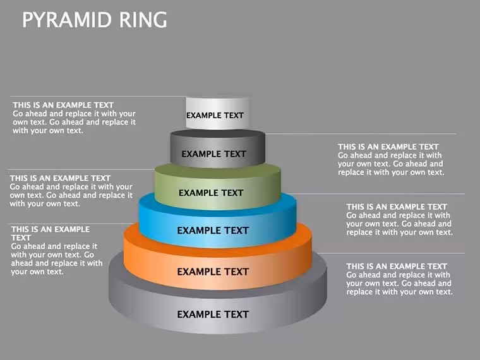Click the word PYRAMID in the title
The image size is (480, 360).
67,20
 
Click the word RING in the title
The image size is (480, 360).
143,20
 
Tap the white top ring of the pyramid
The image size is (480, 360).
217,113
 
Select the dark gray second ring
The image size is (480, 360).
218,148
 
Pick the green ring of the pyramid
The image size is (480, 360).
218,187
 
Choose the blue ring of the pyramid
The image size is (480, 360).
218,221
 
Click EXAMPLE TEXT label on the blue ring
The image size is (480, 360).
213,231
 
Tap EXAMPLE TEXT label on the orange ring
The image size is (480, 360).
213,272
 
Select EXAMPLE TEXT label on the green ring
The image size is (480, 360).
211,193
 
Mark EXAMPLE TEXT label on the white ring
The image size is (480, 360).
215,116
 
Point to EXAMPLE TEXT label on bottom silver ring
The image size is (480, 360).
213,314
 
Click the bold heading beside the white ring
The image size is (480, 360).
63,105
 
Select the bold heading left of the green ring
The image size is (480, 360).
60,178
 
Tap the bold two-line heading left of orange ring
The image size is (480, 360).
51,234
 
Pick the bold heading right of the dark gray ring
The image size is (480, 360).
388,147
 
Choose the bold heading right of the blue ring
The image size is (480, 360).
397,207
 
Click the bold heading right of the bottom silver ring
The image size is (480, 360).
397,267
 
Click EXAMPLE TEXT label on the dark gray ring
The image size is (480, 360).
213,153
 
